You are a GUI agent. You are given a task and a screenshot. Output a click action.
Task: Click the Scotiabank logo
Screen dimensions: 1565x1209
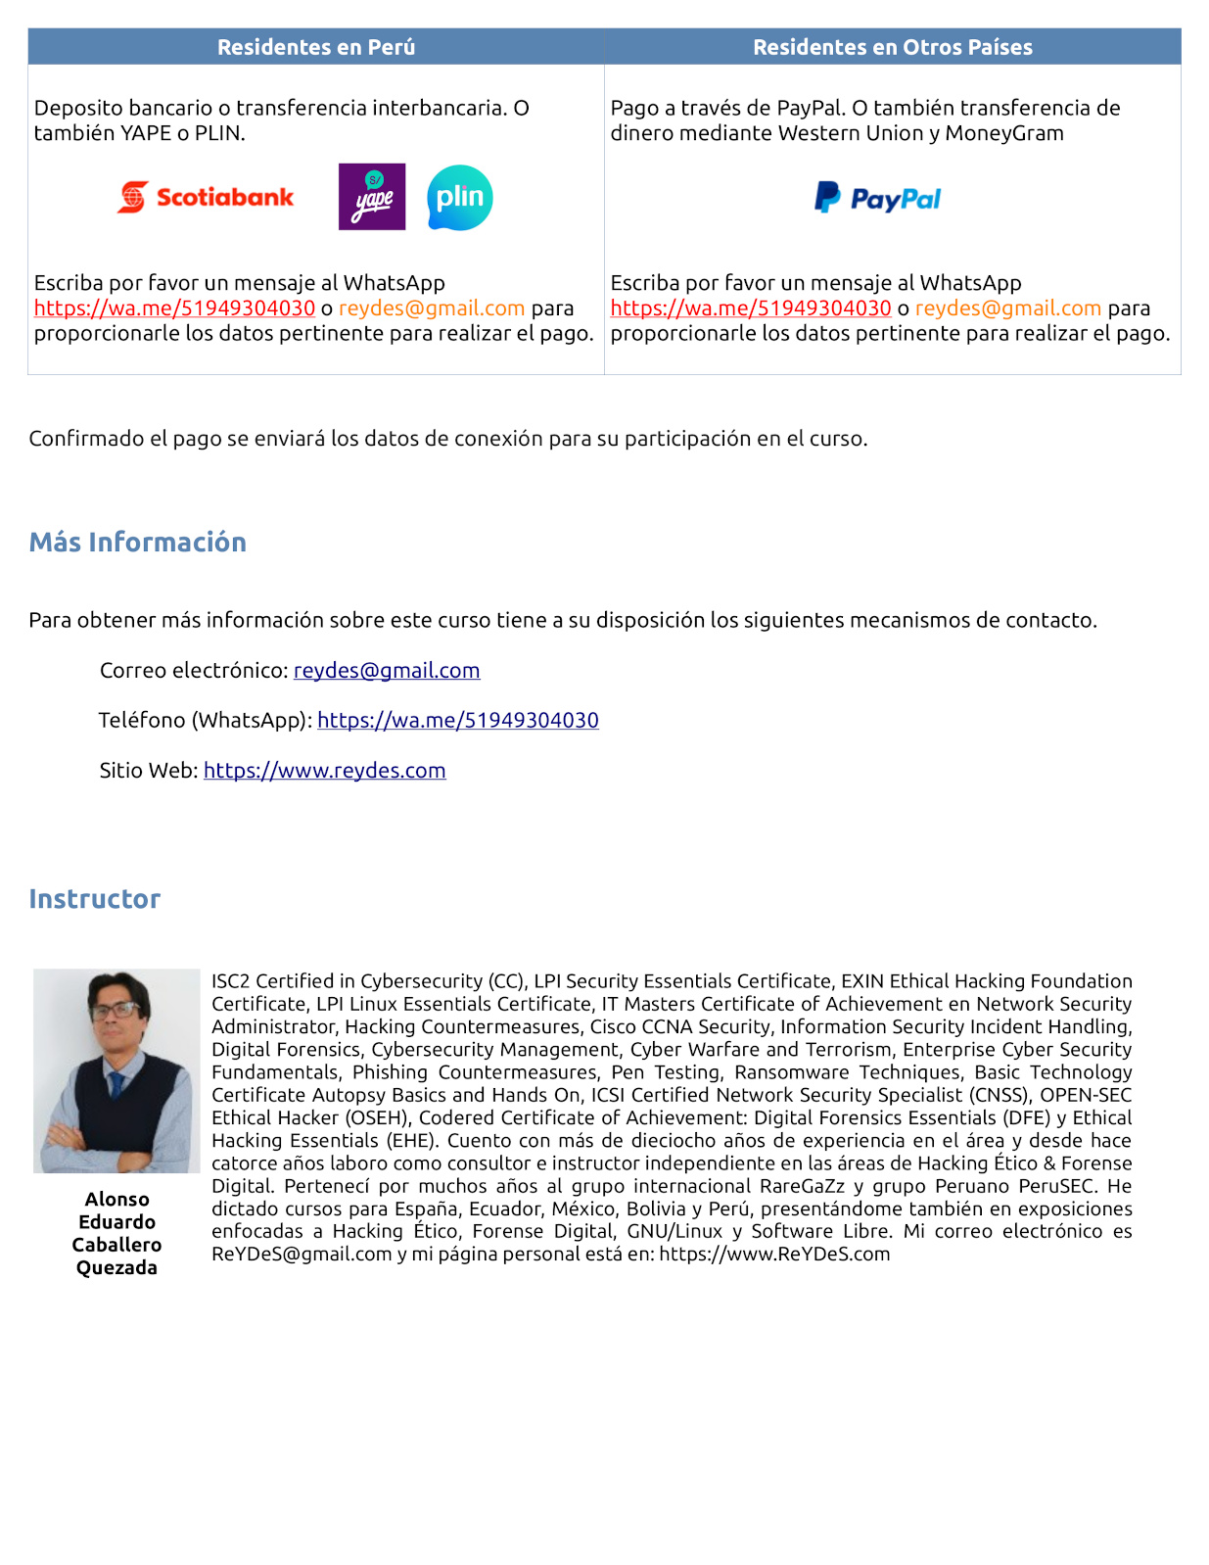point(206,197)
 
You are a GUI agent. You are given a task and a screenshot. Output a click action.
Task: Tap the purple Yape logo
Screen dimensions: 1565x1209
point(372,197)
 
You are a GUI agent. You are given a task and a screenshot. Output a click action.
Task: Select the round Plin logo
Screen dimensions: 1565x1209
point(460,198)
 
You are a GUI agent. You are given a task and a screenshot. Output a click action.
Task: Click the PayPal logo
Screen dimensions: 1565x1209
point(877,199)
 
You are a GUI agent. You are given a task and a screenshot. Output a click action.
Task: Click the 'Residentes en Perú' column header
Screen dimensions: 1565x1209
point(316,47)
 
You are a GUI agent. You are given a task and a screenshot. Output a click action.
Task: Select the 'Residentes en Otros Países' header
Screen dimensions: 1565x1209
point(893,47)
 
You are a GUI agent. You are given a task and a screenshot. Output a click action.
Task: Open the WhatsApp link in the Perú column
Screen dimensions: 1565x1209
point(174,308)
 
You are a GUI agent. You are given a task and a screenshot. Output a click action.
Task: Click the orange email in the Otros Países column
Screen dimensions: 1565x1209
point(1008,308)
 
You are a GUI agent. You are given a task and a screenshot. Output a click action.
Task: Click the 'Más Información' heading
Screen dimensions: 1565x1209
point(138,543)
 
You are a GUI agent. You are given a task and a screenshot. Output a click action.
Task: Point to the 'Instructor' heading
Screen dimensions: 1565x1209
point(95,899)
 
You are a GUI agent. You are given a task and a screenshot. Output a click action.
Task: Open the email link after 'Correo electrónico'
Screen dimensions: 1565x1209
point(387,671)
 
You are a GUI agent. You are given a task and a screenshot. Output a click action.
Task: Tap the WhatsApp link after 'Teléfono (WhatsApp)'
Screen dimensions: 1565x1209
point(458,721)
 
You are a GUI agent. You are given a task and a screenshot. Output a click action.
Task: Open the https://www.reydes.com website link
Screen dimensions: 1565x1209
point(325,771)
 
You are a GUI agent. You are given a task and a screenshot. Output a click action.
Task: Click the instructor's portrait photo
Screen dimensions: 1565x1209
point(116,1070)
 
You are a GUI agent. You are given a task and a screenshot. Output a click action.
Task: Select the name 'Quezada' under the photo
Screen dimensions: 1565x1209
point(116,1268)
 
